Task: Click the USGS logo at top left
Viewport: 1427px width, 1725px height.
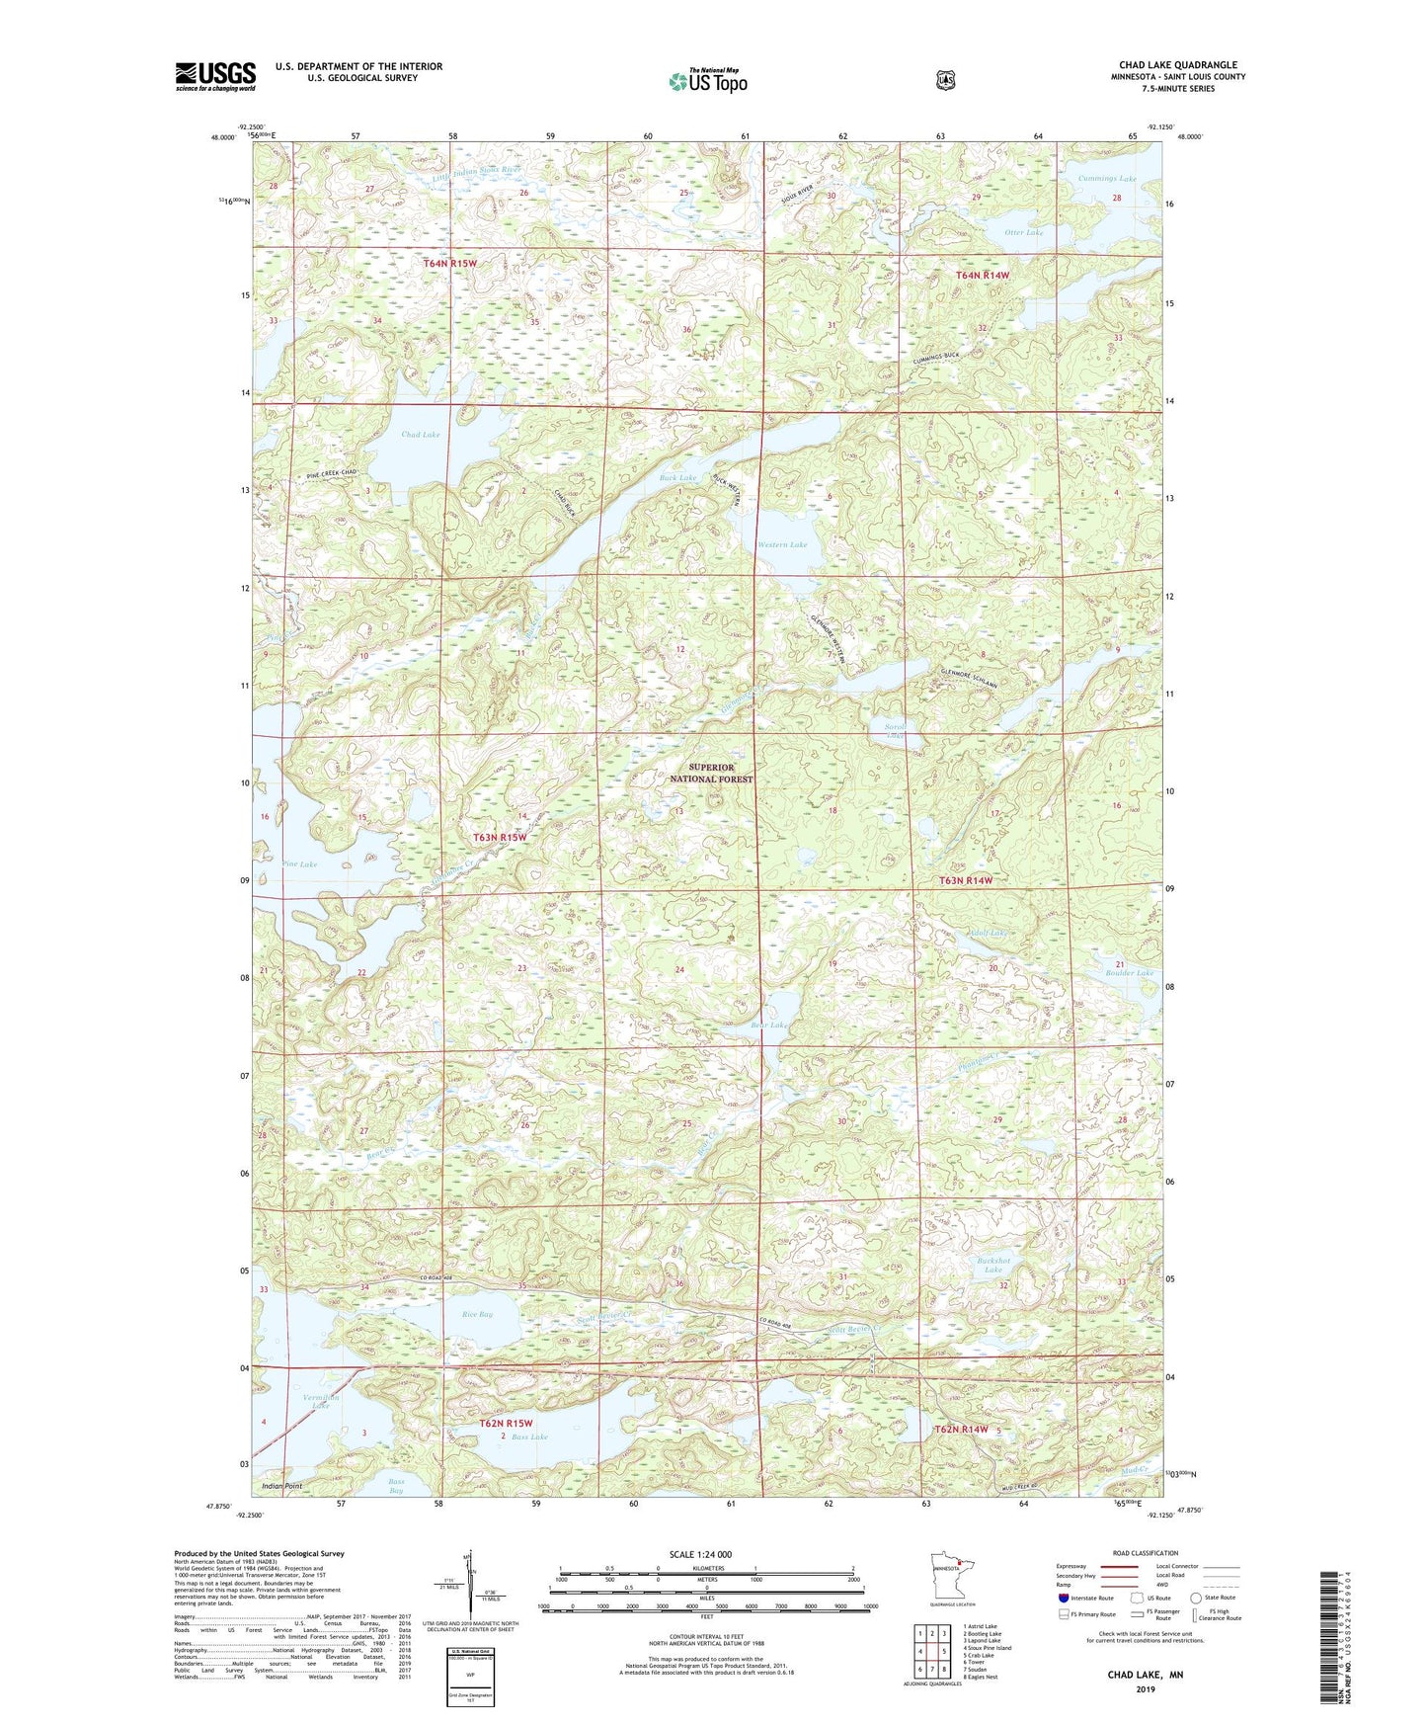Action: coord(215,76)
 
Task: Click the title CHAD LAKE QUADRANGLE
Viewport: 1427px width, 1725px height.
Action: coord(1172,65)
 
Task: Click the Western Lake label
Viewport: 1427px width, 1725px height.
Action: coord(782,544)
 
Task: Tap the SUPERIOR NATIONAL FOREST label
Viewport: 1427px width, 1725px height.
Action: coord(711,774)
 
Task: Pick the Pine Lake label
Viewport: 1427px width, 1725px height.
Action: coord(299,864)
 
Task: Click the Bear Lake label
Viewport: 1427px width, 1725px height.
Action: coord(769,1026)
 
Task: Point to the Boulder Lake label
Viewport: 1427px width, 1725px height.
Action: coord(1130,973)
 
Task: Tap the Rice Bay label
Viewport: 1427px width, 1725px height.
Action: coord(477,1315)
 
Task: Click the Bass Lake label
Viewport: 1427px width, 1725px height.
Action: coord(529,1437)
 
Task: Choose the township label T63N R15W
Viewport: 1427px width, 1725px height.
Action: coord(500,838)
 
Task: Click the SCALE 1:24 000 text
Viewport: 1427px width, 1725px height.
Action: coord(700,1555)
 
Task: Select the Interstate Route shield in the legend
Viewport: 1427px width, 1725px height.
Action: coord(1064,1598)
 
